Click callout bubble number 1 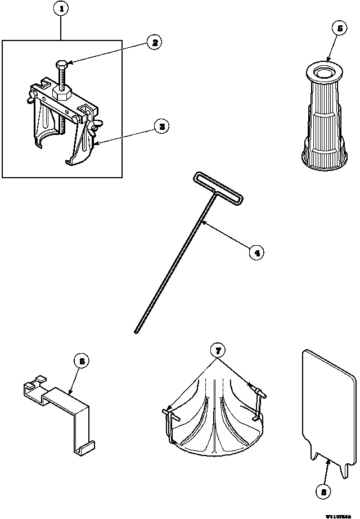point(61,10)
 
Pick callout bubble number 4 point(256,252)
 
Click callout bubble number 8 point(323,491)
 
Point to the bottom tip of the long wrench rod point(137,333)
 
